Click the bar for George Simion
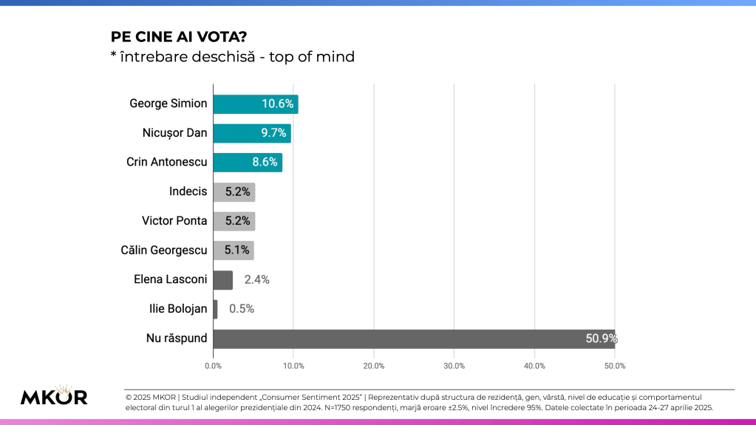(255, 103)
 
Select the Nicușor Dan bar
(251, 133)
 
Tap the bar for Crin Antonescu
(247, 163)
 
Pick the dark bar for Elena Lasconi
(222, 280)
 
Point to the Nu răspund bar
(414, 339)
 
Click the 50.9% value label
(601, 339)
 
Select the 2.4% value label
(256, 280)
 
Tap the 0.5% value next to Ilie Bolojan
(242, 309)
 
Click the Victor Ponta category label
(174, 221)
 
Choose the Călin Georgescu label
(164, 251)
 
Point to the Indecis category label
(188, 192)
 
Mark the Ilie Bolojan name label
(178, 309)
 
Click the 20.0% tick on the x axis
(374, 365)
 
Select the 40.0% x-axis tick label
(534, 365)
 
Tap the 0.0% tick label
(213, 365)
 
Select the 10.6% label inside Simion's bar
(277, 103)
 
